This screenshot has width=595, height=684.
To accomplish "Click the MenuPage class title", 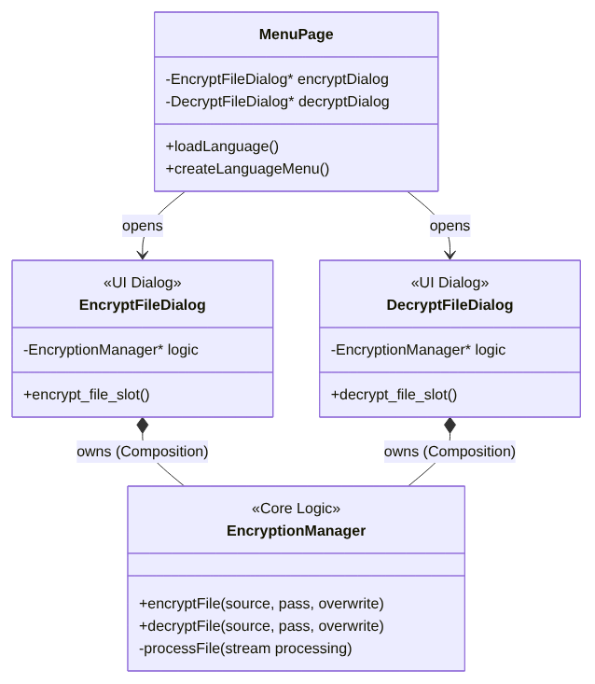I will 296,35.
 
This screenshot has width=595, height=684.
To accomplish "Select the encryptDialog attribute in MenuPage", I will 277,79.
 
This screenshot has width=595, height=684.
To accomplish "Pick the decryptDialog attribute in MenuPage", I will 277,102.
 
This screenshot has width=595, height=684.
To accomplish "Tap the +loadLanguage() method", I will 222,147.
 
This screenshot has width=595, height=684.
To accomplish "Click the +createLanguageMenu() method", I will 247,169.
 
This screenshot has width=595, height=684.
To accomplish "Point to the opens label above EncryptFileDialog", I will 143,226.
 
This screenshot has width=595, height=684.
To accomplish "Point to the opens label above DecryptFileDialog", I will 450,226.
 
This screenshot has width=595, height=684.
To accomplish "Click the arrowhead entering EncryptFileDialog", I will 143,254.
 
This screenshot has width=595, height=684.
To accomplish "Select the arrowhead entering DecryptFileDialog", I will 450,254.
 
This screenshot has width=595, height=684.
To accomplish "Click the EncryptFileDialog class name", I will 143,305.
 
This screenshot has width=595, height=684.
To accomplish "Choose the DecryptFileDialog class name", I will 450,305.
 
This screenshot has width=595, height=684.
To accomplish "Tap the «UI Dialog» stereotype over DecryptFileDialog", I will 450,283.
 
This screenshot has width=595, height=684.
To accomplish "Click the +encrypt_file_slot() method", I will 87,395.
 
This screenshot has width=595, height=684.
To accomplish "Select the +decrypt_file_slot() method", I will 394,395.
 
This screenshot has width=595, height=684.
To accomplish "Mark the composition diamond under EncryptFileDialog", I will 143,426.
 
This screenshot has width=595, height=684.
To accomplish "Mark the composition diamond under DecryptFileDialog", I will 450,426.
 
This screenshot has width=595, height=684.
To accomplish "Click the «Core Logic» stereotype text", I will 296,509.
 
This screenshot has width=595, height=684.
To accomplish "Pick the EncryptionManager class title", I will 296,531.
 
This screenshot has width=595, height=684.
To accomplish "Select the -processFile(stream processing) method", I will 245,649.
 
